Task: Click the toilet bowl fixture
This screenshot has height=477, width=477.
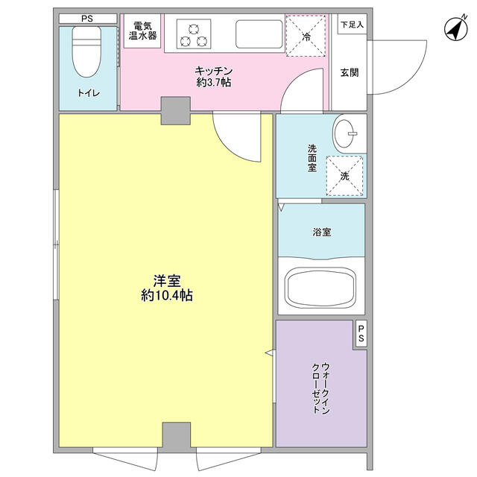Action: click(x=86, y=51)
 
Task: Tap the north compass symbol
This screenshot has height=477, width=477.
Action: click(x=456, y=29)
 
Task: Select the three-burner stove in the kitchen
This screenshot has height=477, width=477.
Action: click(x=194, y=34)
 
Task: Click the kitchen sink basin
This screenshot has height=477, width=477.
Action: click(x=259, y=34)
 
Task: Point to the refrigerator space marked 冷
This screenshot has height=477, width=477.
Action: click(x=306, y=36)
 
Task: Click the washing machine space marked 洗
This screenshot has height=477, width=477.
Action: click(x=344, y=176)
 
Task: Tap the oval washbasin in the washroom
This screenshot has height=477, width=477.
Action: click(x=344, y=133)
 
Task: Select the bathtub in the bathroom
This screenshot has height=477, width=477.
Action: click(x=321, y=288)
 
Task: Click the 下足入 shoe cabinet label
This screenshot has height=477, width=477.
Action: click(x=352, y=25)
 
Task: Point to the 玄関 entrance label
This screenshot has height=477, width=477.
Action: click(x=350, y=73)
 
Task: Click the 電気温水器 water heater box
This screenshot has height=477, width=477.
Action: click(x=142, y=31)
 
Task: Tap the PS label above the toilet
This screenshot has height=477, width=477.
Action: click(x=87, y=19)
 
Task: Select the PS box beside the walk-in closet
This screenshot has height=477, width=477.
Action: click(x=361, y=333)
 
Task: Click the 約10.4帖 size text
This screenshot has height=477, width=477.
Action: click(x=167, y=295)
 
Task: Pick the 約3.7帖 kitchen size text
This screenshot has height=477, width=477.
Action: click(x=214, y=83)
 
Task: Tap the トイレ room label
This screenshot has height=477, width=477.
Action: click(x=89, y=93)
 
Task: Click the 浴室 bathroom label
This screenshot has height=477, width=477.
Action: click(x=322, y=233)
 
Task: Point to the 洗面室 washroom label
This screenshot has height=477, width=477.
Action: click(x=312, y=158)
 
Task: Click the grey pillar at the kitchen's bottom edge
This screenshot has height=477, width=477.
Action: click(x=176, y=111)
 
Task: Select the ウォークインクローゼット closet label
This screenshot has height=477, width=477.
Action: click(x=320, y=388)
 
